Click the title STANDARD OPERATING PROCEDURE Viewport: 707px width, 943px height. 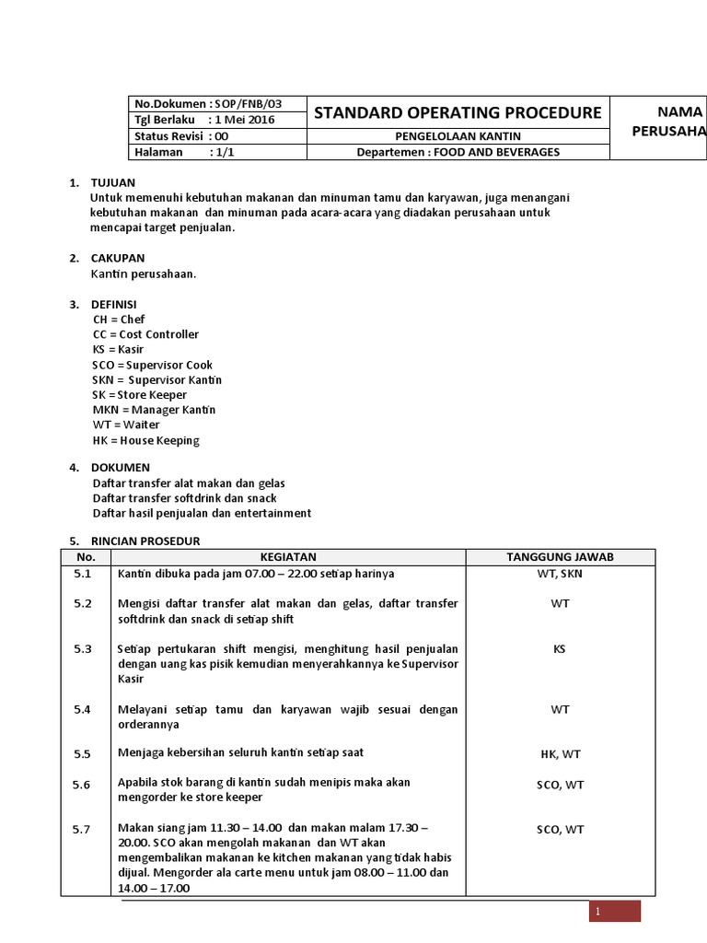458,113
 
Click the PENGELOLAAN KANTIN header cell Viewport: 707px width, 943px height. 458,136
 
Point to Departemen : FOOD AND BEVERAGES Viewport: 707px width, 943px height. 458,152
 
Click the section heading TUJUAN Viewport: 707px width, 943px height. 113,183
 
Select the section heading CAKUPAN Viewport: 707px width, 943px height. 117,259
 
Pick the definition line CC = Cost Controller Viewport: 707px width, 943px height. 145,334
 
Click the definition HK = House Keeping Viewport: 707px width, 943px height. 145,440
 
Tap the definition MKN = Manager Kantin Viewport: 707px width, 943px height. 154,410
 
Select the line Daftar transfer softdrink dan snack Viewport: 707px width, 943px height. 184,498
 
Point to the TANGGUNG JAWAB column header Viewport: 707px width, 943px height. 560,557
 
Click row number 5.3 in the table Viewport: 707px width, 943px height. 84,649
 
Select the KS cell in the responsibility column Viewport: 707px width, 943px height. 560,649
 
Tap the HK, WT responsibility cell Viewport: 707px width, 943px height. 560,754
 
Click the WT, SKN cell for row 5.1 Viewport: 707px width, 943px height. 560,574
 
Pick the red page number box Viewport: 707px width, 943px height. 615,911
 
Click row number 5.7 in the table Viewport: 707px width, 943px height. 84,830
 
